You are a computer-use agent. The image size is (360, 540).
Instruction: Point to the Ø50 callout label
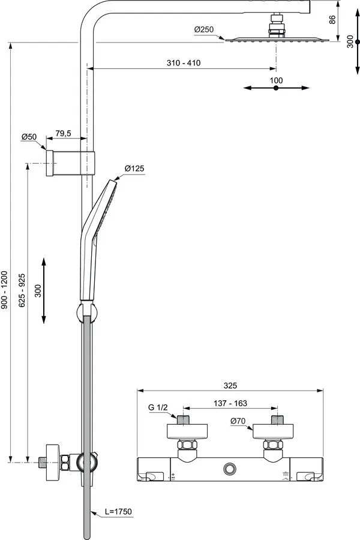coord(29,137)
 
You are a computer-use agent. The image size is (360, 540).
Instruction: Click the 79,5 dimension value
coord(64,133)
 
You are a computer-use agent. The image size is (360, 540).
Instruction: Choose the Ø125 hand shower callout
coord(134,169)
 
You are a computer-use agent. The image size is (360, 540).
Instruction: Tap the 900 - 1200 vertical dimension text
coord(5,290)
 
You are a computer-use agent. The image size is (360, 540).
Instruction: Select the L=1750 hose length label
coord(118,511)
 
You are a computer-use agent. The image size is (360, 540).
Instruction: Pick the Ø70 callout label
coord(238,421)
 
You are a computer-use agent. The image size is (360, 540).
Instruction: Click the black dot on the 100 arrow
coord(276,88)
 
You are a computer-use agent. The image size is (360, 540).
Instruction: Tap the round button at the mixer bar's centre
coord(230,469)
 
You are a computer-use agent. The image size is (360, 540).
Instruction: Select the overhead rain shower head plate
coord(277,40)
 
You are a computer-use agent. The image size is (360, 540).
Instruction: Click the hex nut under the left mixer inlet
coord(185,447)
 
